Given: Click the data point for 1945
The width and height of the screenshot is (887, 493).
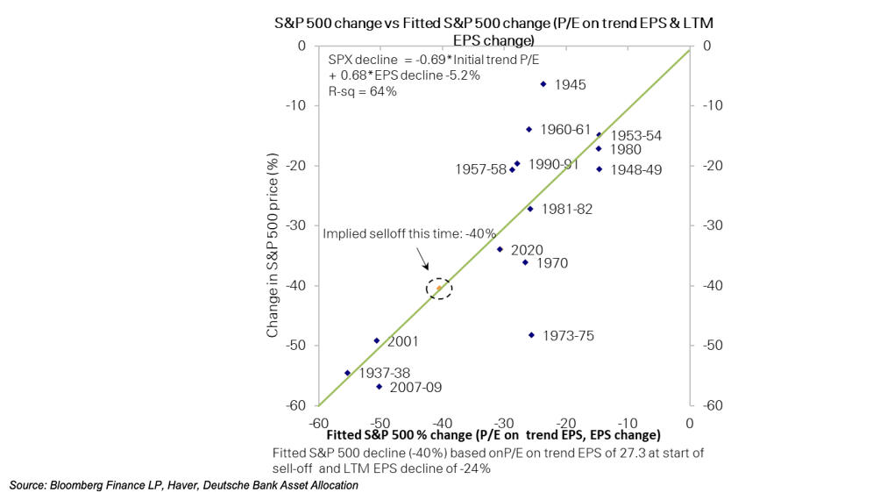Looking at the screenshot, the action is (x=543, y=84).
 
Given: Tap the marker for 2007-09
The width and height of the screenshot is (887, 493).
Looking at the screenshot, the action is (x=379, y=387).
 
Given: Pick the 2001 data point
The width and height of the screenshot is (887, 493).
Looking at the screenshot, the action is (x=377, y=340).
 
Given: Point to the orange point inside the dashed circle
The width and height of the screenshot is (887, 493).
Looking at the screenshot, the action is (x=439, y=288).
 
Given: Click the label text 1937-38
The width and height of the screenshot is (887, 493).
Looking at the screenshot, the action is (x=385, y=373).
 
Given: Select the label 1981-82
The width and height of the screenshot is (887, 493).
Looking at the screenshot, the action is (x=567, y=210).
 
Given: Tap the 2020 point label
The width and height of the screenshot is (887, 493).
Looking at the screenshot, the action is (x=527, y=250).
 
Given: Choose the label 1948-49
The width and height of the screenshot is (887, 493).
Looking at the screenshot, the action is (x=635, y=170).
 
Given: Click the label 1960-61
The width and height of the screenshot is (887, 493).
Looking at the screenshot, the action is (x=565, y=130).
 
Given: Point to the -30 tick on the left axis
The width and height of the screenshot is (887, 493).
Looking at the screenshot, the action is (x=296, y=225).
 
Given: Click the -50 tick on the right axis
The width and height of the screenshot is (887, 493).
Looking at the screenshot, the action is (x=713, y=346).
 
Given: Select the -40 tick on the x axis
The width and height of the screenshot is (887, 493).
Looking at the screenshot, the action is (x=443, y=424).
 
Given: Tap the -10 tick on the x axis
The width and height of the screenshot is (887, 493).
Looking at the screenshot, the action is (x=628, y=424).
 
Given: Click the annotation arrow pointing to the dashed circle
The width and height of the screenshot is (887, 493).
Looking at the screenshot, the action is (x=422, y=258).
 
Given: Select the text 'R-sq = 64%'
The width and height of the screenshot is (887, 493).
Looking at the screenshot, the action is (x=363, y=91).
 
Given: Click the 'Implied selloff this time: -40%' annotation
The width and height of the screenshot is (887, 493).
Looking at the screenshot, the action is (x=409, y=233).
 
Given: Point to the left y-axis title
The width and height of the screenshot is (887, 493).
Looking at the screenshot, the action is (x=273, y=245).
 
